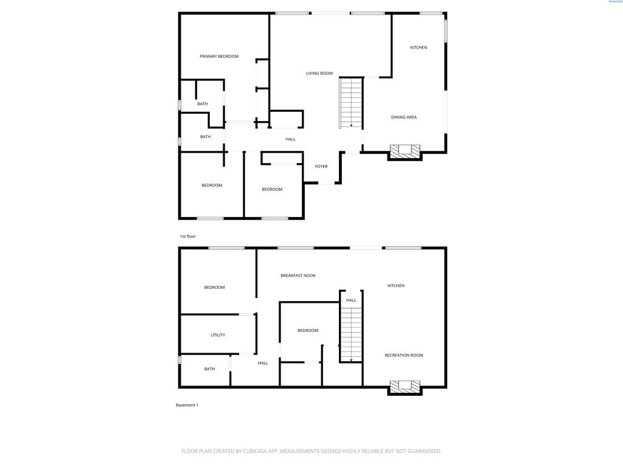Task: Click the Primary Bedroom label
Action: point(219,57)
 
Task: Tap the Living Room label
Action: point(319,74)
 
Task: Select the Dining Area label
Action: point(403,117)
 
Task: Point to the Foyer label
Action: point(321,167)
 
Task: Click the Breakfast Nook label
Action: point(298,275)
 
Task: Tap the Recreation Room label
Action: point(403,355)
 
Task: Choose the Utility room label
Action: point(218,335)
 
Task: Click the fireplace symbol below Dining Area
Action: point(405,151)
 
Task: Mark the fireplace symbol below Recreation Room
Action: point(405,387)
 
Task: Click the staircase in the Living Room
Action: point(351,103)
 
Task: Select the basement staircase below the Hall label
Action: point(351,335)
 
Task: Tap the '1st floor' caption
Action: point(187,236)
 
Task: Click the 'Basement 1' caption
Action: point(187,405)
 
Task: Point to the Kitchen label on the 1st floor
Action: point(419,47)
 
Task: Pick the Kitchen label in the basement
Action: point(396,286)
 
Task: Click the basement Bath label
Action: point(209,369)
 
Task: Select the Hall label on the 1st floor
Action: point(291,139)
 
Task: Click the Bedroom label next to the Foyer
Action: point(272,189)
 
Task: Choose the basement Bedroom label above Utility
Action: point(214,288)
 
